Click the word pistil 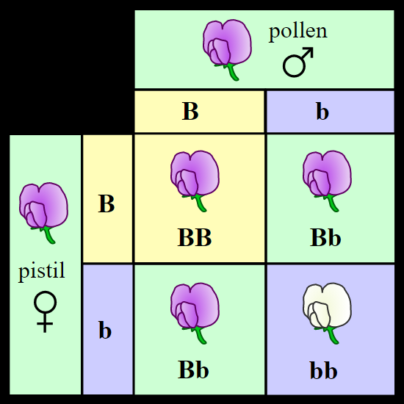click(x=41, y=272)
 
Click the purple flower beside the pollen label click(x=227, y=50)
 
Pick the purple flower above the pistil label click(x=43, y=213)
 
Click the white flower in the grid click(x=327, y=313)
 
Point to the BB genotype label click(x=195, y=238)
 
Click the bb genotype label click(x=324, y=370)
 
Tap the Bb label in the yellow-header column click(x=193, y=369)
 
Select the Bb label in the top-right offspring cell click(x=325, y=238)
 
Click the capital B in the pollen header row click(x=190, y=112)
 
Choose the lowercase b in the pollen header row click(x=322, y=112)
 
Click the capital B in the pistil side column click(x=107, y=203)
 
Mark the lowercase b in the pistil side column click(x=105, y=329)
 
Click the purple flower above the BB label click(x=195, y=181)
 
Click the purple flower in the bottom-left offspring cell click(x=195, y=313)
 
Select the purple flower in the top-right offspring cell click(x=327, y=181)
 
